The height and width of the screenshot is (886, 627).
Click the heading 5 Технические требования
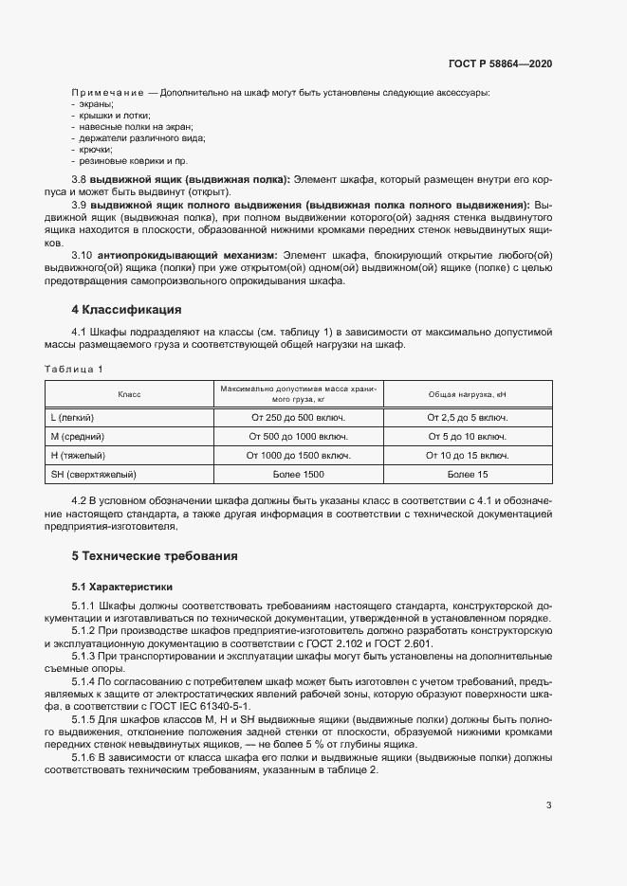155,555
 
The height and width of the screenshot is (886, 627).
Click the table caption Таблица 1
75,368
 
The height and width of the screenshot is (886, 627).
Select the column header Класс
129,393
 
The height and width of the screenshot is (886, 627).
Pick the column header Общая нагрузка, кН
468,393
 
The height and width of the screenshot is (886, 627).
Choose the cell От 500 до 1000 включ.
298,437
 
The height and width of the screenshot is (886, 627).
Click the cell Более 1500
298,474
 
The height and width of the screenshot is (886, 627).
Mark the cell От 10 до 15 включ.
468,455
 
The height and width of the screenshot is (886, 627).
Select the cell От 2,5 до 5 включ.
468,418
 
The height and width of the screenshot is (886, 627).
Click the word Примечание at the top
107,91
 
